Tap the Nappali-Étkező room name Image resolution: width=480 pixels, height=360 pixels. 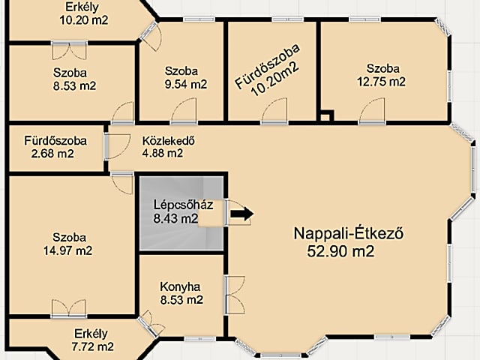(349, 233)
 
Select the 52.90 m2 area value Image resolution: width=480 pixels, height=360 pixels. (341, 251)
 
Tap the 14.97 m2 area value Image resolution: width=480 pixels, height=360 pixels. (67, 250)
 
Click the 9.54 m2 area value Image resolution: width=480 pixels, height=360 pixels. (185, 85)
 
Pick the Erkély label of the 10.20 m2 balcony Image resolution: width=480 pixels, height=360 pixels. (79, 7)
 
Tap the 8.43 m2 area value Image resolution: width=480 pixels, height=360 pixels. (175, 219)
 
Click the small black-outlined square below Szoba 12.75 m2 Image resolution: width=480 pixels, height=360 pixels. (325, 116)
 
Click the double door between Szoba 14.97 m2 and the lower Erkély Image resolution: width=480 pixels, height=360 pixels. (68, 309)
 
